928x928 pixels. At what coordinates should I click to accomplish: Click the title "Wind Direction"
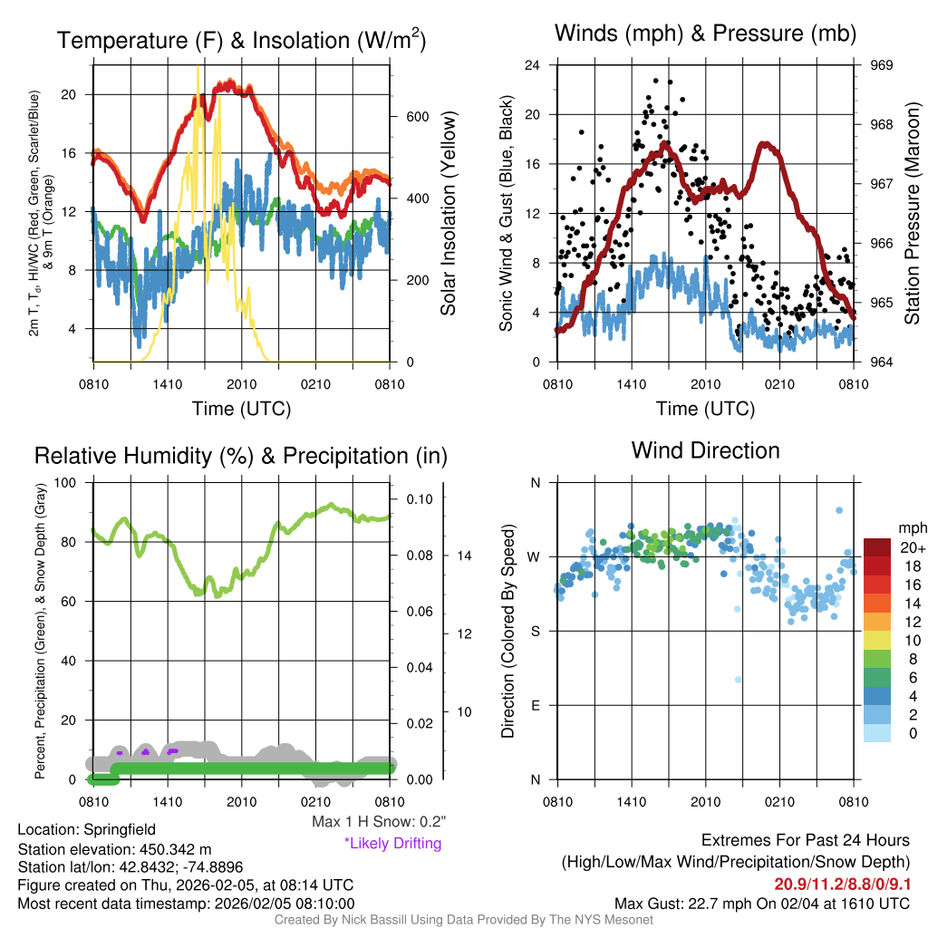click(x=705, y=450)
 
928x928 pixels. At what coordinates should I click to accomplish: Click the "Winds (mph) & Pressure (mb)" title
click(x=705, y=34)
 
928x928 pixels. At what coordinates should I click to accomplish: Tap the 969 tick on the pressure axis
click(x=882, y=65)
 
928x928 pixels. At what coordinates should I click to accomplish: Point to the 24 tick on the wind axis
click(x=533, y=65)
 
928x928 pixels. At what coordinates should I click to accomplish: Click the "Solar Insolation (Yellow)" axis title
click(x=448, y=214)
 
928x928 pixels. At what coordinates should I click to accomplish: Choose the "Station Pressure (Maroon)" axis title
click(x=912, y=214)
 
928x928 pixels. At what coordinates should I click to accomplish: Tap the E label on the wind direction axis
click(x=535, y=705)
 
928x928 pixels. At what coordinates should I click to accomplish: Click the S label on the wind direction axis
click(x=535, y=631)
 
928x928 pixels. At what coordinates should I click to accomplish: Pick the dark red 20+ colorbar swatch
click(x=877, y=547)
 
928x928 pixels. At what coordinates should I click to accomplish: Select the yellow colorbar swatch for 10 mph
click(x=877, y=640)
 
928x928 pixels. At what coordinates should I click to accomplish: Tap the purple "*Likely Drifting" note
click(x=392, y=843)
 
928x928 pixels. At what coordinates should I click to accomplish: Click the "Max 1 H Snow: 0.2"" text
click(x=379, y=822)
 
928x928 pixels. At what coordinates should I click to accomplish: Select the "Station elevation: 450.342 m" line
click(x=114, y=849)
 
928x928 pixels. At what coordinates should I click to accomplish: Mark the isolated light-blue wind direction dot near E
click(x=738, y=680)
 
